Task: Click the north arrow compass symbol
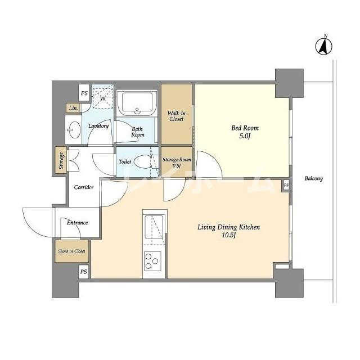tap(324, 46)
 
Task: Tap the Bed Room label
tap(245, 128)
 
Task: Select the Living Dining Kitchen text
tap(229, 227)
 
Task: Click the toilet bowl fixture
tap(143, 161)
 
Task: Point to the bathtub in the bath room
tap(137, 102)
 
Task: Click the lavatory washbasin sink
tap(74, 130)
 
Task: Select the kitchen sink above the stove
tap(154, 227)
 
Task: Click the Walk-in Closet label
tap(177, 116)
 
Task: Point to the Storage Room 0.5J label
tap(177, 163)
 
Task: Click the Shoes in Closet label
tap(71, 251)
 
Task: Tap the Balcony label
tap(314, 178)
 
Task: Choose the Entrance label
tap(78, 223)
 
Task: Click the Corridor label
tap(84, 187)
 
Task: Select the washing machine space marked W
tap(103, 96)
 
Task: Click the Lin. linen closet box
tap(73, 108)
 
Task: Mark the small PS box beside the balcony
tap(286, 185)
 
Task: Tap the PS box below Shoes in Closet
tap(84, 272)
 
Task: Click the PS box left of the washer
tap(84, 93)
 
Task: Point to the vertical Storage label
tap(61, 160)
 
